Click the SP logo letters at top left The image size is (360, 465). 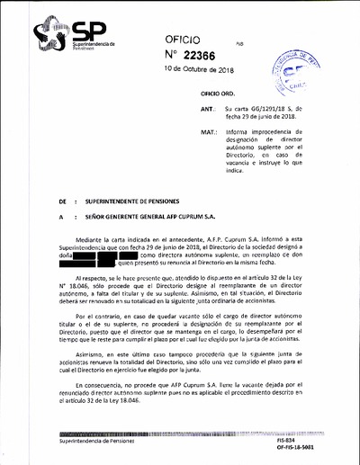point(89,31)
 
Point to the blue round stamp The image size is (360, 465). point(298,75)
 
